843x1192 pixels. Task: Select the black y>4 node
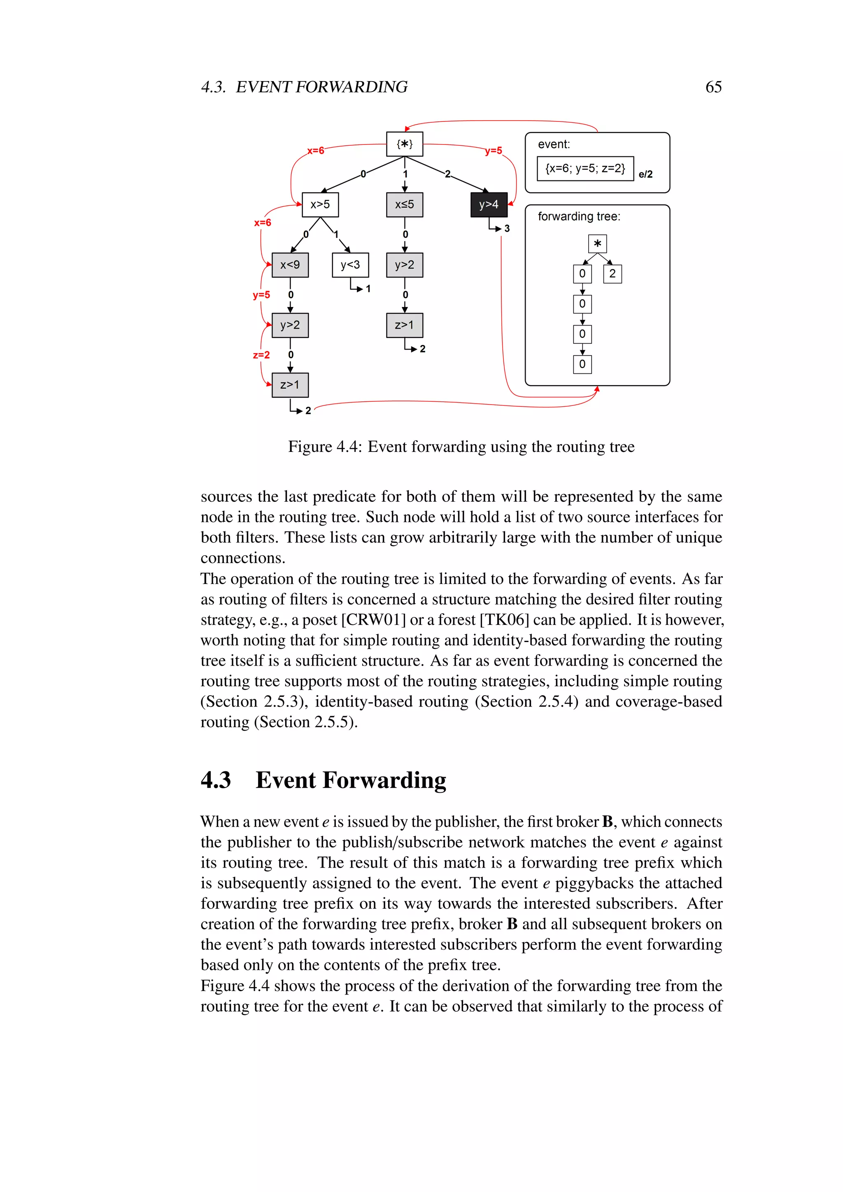(x=489, y=205)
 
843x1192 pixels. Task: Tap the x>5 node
(x=320, y=205)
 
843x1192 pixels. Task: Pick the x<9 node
(x=290, y=265)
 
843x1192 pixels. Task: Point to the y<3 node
(x=350, y=265)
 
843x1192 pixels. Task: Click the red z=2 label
(x=261, y=355)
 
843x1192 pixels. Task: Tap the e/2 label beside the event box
(x=645, y=175)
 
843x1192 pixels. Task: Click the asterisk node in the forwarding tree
(x=598, y=244)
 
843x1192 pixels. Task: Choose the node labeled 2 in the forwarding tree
(x=612, y=274)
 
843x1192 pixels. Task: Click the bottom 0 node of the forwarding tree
(x=582, y=364)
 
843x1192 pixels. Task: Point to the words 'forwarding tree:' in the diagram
(x=579, y=217)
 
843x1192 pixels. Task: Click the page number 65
(x=713, y=87)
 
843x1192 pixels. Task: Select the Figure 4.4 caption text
(x=461, y=447)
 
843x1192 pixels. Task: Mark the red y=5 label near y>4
(x=493, y=151)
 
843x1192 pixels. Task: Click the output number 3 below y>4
(x=507, y=228)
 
